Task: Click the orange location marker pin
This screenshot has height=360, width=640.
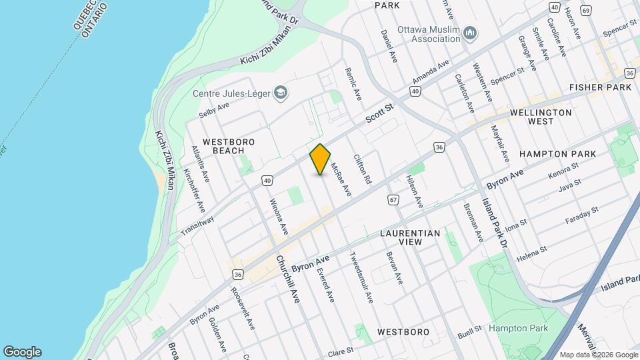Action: (321, 159)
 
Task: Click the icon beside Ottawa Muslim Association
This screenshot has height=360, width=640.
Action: (470, 33)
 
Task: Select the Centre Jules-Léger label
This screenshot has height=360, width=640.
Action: (233, 93)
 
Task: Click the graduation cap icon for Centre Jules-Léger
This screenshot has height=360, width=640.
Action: (281, 93)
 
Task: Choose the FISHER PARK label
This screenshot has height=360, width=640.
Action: (600, 87)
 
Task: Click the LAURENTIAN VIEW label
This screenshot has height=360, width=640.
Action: (410, 237)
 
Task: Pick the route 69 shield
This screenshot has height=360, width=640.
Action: (586, 11)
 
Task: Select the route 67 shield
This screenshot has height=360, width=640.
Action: (393, 200)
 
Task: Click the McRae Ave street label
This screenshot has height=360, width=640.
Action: (341, 180)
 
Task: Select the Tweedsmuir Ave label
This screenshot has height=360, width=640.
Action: (361, 277)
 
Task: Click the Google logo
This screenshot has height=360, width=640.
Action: (22, 352)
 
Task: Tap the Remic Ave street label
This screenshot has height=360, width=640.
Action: (353, 83)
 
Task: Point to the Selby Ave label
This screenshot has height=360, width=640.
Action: (213, 109)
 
